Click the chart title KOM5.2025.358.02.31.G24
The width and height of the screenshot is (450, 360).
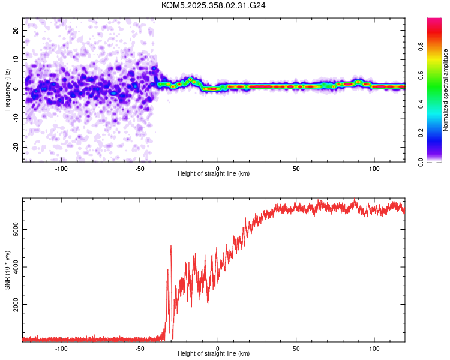pos(214,5)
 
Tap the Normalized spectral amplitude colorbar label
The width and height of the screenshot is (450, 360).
pos(446,90)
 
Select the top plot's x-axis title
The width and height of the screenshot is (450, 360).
pos(214,173)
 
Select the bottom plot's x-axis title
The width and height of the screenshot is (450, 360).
pos(214,353)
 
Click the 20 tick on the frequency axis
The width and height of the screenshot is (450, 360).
pos(16,30)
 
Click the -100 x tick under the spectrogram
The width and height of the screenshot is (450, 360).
pos(61,168)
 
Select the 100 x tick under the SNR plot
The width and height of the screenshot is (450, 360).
pos(374,348)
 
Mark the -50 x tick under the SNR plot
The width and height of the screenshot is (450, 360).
pos(139,348)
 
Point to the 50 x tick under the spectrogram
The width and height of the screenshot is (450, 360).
pos(296,168)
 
